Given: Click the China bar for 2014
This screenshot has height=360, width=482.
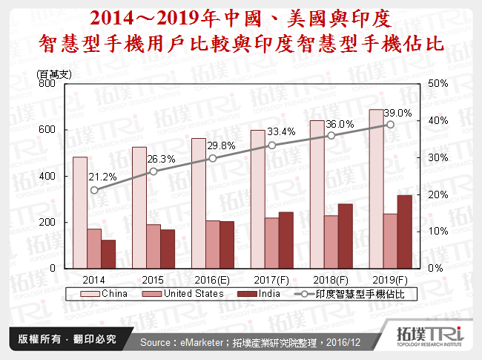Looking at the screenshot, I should [79, 212].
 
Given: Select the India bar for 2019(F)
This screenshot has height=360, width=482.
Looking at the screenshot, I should [404, 232].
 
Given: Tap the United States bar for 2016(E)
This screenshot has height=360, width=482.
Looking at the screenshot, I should [212, 244].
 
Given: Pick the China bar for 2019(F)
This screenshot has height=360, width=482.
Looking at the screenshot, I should [375, 189].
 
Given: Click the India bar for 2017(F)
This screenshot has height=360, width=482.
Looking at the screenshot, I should [285, 240].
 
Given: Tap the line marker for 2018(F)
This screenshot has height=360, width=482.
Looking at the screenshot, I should [331, 135].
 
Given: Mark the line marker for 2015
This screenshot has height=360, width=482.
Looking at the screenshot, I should [153, 171].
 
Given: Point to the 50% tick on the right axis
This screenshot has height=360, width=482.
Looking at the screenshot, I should [438, 84].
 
